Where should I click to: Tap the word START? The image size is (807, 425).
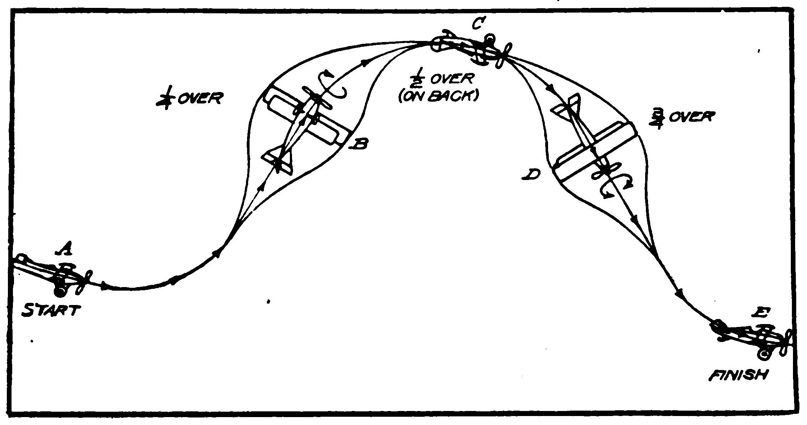coord(50,310)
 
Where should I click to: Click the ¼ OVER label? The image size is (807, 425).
coord(189,99)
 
